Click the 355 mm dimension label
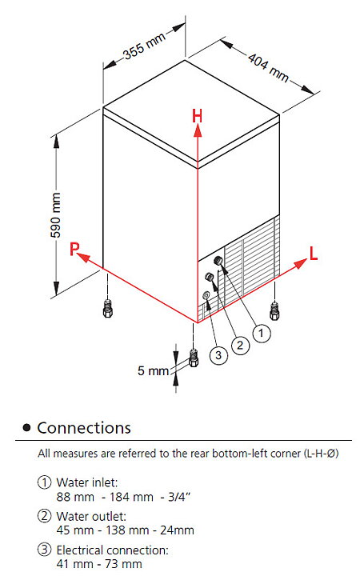pyautogui.click(x=145, y=46)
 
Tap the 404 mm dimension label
pyautogui.click(x=268, y=67)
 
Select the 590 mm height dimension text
pyautogui.click(x=56, y=215)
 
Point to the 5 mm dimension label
pyautogui.click(x=153, y=370)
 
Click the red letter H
pyautogui.click(x=198, y=116)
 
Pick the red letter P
pyautogui.click(x=74, y=249)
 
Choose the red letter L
pyautogui.click(x=314, y=253)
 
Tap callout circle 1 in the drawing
pyautogui.click(x=261, y=333)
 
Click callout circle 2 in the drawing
pyautogui.click(x=240, y=345)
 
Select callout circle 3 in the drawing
pyautogui.click(x=218, y=355)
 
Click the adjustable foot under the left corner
pyautogui.click(x=108, y=308)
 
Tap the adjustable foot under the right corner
pyautogui.click(x=274, y=310)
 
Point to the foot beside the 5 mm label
pyautogui.click(x=194, y=358)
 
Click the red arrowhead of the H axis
pyautogui.click(x=198, y=130)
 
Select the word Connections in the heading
pyautogui.click(x=84, y=428)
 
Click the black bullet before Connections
pyautogui.click(x=26, y=427)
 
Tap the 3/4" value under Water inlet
pyautogui.click(x=179, y=497)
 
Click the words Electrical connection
pyautogui.click(x=113, y=550)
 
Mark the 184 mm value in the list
pyautogui.click(x=131, y=497)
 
